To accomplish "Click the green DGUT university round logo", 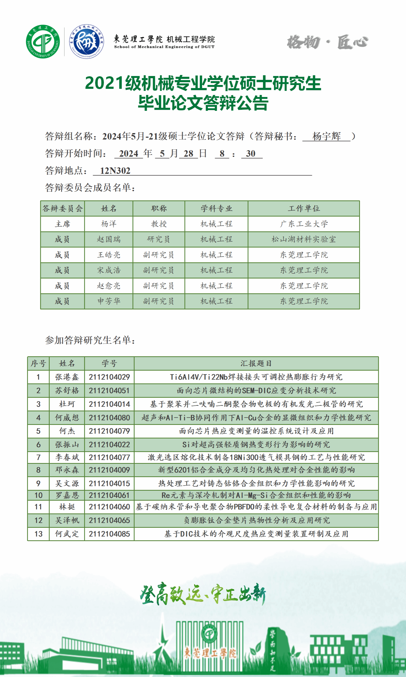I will pos(43,41).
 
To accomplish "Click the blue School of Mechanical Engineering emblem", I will pos(87,41).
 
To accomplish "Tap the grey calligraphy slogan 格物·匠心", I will pos(327,42).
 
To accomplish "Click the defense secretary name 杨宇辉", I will pos(326,136).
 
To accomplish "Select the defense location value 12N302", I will pos(115,170).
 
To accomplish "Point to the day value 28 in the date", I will pos(188,154).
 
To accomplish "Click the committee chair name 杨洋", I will pos(109,224).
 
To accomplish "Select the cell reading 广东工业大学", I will pos(304,224).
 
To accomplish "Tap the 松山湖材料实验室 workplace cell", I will pos(304,239).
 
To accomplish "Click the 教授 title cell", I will pos(159,224).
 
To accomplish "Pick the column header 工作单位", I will pos(304,208).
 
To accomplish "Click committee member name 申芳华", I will pos(109,301).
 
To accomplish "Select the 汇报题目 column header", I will pos(256,363).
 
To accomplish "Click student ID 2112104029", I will pos(109,377).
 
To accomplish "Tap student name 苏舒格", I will pos(67,390).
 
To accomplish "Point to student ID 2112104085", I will pos(109,534).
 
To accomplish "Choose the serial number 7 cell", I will pos(38,457).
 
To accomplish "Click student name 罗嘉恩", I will pos(67,495).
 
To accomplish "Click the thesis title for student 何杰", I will pos(256,431).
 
